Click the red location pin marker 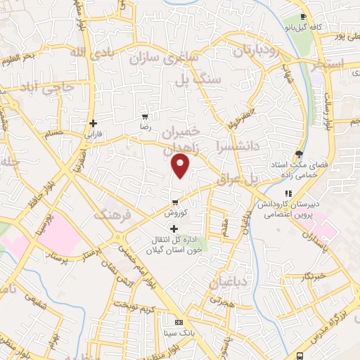point(181,166)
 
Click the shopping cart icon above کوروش point(174,202)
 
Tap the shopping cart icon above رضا point(145,117)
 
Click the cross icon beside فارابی point(93,123)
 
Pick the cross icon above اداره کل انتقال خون point(174,229)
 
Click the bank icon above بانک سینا point(178,322)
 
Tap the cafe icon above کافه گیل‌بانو point(302,17)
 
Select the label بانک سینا point(178,333)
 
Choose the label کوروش point(174,212)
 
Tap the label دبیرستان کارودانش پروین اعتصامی point(288,209)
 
